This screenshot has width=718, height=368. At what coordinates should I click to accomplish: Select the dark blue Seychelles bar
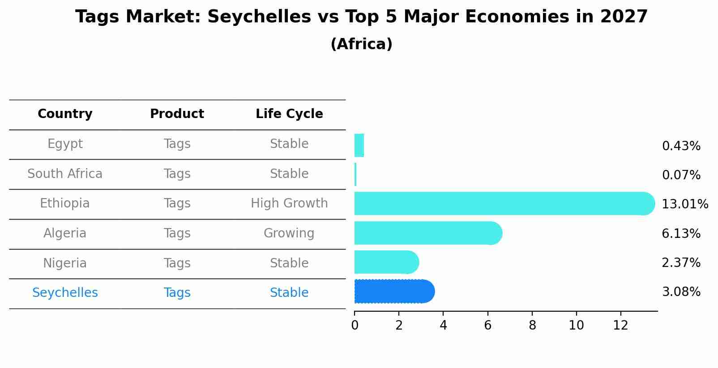(x=394, y=292)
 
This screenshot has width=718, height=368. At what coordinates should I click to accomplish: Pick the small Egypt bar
(x=359, y=145)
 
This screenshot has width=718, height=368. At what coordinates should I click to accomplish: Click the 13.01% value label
(x=684, y=204)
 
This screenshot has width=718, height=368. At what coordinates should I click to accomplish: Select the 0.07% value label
(x=681, y=175)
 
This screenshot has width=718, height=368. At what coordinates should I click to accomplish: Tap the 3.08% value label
(x=681, y=292)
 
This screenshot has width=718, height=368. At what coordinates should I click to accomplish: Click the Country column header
(x=65, y=114)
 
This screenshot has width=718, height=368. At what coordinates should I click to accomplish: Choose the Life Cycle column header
(x=289, y=114)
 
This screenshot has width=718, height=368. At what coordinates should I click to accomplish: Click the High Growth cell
(x=289, y=203)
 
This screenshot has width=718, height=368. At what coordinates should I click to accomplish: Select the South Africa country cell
(x=65, y=174)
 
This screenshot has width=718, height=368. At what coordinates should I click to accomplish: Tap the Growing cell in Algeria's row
(x=289, y=233)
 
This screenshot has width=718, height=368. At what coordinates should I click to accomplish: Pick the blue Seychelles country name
(x=65, y=293)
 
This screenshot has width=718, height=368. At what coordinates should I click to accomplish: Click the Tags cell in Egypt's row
(x=177, y=144)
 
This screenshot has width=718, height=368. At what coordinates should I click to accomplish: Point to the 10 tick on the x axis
(x=576, y=326)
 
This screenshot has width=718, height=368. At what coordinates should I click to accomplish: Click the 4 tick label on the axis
(x=443, y=326)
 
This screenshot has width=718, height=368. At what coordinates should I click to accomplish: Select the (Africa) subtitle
(x=361, y=44)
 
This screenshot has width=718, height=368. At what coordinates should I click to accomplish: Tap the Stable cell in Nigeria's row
(x=289, y=263)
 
